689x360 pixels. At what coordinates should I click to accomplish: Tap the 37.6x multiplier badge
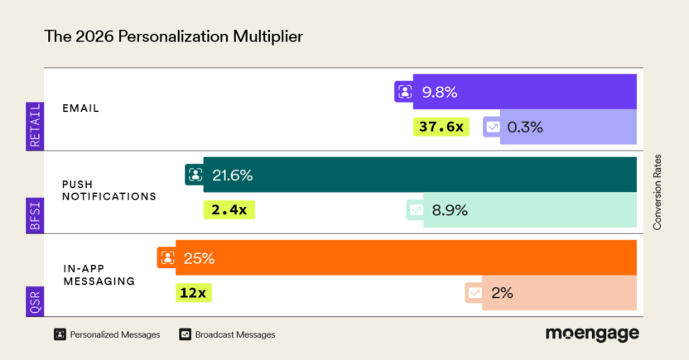click(441, 127)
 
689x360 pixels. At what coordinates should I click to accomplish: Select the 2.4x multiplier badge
click(229, 209)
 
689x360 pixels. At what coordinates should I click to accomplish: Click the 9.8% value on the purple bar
click(439, 92)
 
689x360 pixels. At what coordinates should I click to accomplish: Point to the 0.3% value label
click(525, 127)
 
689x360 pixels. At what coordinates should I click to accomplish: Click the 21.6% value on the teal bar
click(232, 175)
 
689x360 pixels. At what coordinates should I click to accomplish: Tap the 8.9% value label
click(450, 209)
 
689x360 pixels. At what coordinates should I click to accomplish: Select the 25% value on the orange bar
click(200, 257)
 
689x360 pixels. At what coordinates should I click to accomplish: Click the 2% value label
click(502, 292)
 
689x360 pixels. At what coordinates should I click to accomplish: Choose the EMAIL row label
click(80, 108)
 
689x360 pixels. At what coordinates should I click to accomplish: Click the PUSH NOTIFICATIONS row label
click(109, 190)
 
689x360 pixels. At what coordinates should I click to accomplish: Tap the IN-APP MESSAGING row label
click(99, 274)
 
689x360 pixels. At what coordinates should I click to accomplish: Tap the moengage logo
click(591, 334)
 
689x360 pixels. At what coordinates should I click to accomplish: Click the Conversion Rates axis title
click(658, 191)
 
